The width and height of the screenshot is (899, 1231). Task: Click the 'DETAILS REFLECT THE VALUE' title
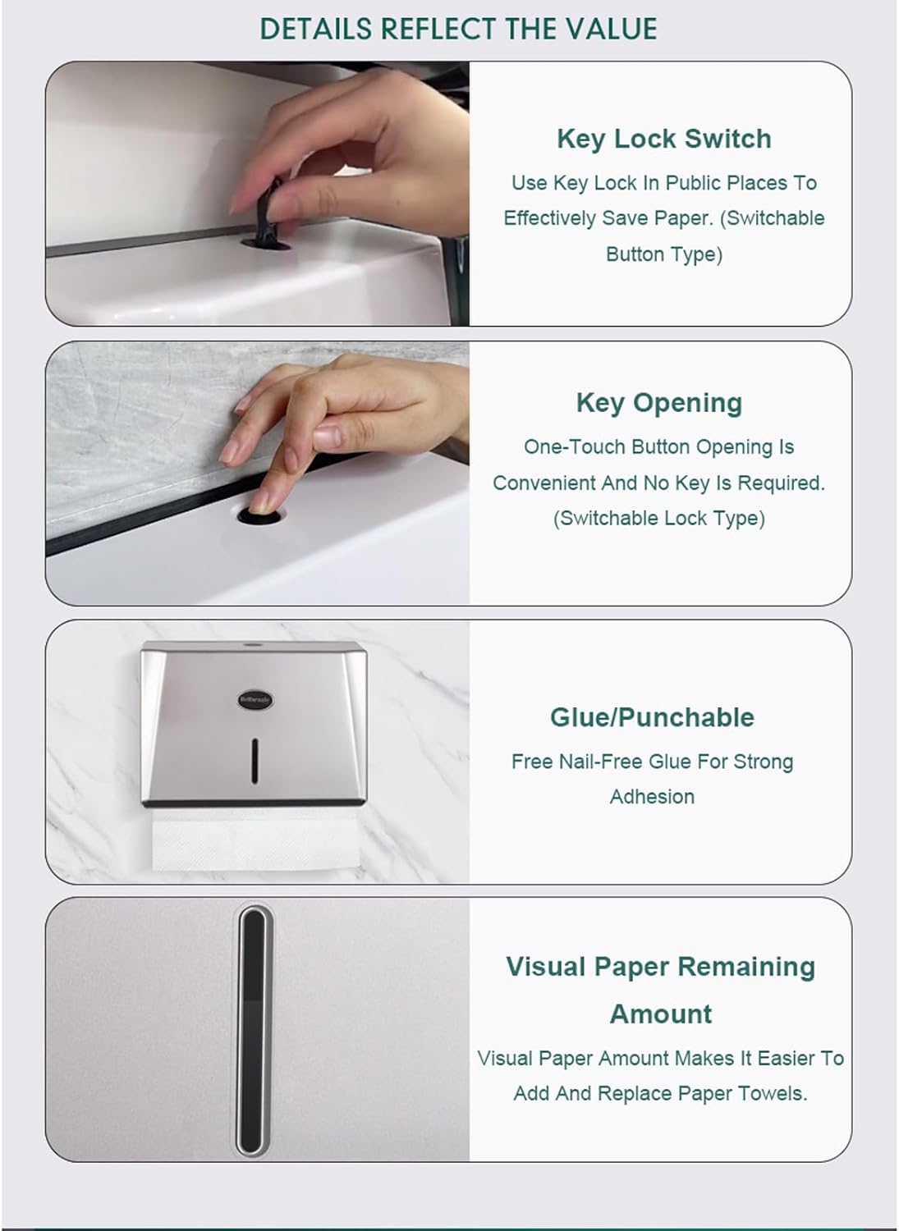(x=458, y=29)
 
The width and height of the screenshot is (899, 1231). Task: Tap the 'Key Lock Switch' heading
(x=664, y=139)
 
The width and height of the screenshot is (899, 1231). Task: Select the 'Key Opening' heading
(x=659, y=404)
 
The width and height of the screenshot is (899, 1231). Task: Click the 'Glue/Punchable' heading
(x=652, y=718)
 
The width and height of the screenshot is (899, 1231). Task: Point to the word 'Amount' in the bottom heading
(x=661, y=1014)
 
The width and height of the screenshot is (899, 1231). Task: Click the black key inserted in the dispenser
(x=268, y=212)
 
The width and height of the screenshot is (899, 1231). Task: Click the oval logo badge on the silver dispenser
(x=255, y=700)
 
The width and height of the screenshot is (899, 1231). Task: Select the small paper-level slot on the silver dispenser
(x=255, y=761)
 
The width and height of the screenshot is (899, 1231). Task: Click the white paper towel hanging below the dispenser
(x=255, y=841)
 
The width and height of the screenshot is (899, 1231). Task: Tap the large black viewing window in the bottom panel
(x=253, y=1031)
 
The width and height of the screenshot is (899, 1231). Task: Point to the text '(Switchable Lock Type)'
(x=658, y=518)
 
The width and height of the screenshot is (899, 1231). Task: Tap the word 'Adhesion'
(x=652, y=797)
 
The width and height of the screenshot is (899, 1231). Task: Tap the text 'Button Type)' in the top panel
(x=664, y=254)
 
